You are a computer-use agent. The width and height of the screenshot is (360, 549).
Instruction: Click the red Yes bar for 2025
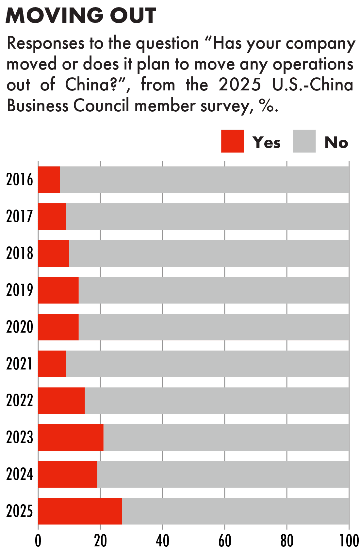80,511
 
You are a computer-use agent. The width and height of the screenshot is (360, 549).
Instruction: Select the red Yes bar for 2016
49,180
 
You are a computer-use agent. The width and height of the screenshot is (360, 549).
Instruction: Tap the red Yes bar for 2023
71,437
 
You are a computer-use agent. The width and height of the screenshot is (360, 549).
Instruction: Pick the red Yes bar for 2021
52,364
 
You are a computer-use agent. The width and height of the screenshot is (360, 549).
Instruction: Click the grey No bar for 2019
214,290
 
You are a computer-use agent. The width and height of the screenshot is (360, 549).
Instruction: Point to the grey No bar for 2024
223,474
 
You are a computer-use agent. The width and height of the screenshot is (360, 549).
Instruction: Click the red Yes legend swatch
232,141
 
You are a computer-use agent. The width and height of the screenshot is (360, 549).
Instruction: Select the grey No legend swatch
304,141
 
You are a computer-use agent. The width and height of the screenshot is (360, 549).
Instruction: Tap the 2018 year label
20,253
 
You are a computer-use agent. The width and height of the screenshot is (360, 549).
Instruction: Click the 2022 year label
20,400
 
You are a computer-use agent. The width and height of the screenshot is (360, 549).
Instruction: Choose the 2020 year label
20,327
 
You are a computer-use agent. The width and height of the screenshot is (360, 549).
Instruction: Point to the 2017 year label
20,216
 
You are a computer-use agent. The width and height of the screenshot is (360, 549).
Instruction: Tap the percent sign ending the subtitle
266,106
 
